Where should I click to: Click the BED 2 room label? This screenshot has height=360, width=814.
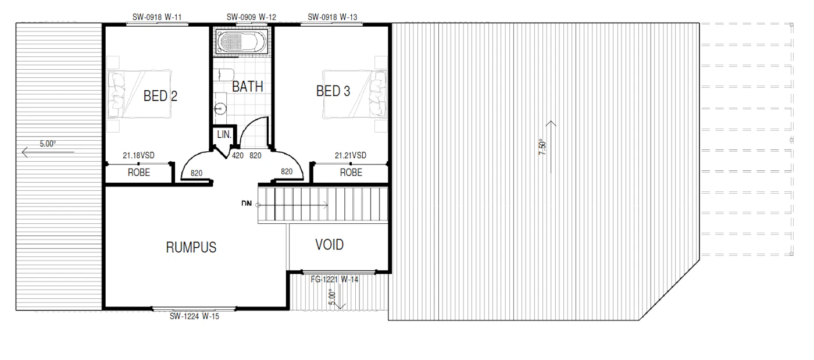(x=160, y=96)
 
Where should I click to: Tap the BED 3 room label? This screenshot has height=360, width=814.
(x=333, y=91)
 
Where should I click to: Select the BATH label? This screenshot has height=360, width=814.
(x=248, y=87)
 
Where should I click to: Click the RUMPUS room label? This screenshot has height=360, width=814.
(x=191, y=247)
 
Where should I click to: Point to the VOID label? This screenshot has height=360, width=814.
(x=329, y=245)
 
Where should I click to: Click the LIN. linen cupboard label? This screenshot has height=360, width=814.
(x=224, y=134)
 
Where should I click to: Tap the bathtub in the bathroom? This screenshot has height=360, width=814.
(x=241, y=41)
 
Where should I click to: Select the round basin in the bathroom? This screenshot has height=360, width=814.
(x=220, y=108)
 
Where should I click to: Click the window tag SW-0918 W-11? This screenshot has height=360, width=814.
(x=157, y=17)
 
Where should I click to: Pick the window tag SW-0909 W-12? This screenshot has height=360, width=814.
(x=251, y=17)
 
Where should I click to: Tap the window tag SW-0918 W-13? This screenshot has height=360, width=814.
(x=333, y=17)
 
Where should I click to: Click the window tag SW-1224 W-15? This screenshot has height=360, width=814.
(x=194, y=316)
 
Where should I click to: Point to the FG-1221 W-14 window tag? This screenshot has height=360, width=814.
(x=335, y=279)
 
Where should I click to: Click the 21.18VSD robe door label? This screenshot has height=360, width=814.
(x=138, y=155)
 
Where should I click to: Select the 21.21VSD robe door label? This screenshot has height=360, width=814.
(x=350, y=155)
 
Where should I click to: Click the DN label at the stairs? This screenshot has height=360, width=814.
(x=247, y=204)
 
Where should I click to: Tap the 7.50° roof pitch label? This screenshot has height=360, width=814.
(x=542, y=147)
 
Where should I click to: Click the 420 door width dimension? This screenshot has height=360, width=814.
(x=238, y=156)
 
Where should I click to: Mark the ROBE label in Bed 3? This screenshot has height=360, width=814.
(x=351, y=172)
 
